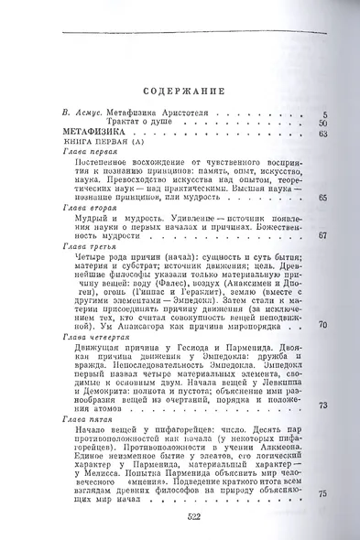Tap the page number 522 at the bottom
coord(180,516)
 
